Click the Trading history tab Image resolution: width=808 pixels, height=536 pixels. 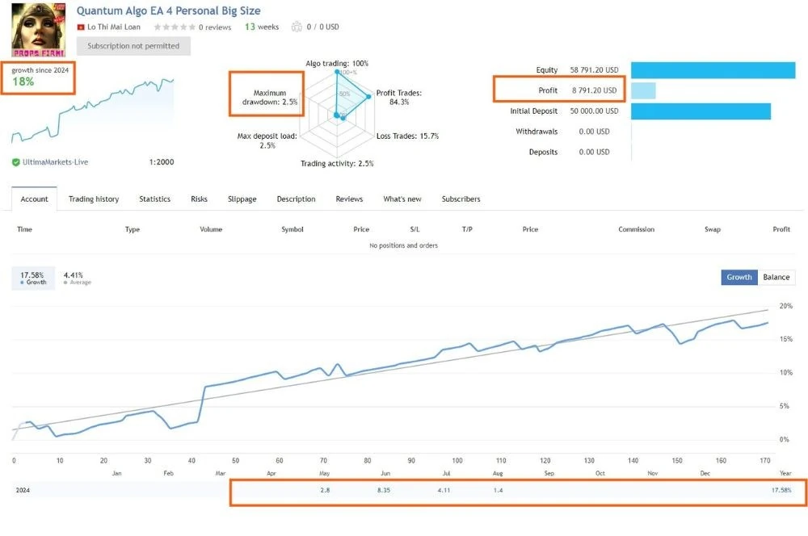pos(94,199)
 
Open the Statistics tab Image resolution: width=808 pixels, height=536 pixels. pos(154,199)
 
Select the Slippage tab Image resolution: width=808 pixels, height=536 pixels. pos(242,199)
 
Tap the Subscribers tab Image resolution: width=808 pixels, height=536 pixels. pos(461,199)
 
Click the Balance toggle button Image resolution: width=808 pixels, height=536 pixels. pos(776,277)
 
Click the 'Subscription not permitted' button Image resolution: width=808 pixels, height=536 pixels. pos(133,46)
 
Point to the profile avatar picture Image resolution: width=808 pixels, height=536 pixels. pos(39,30)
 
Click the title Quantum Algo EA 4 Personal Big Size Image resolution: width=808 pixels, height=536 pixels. pos(169,10)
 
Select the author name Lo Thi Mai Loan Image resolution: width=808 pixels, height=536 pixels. pos(114,27)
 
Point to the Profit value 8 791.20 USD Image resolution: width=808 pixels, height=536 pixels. pos(594,90)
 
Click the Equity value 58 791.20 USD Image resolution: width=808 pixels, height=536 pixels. pos(594,69)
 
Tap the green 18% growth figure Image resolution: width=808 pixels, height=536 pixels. pos(23,82)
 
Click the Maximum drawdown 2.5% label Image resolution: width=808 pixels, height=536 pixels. pos(270,98)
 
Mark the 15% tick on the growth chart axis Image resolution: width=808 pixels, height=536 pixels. pos(786,339)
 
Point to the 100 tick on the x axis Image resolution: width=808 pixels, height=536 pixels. pos(457,460)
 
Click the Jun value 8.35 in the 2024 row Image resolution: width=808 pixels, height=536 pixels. pos(383,490)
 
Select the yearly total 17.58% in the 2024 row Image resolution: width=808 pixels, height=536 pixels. pos(781,490)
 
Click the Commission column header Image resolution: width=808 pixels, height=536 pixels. pos(637,229)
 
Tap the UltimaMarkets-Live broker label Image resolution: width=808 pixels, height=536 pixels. pos(55,162)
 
